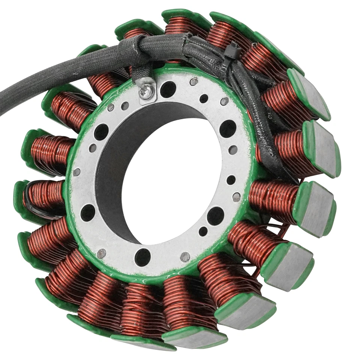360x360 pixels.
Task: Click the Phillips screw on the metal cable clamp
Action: pos(147,90)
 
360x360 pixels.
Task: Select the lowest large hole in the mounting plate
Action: pos(142,257)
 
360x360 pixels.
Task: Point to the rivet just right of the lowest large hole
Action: pos(185,257)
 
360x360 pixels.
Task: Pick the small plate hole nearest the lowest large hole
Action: pos(202,231)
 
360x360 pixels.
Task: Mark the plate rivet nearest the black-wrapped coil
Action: pos(76,172)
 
